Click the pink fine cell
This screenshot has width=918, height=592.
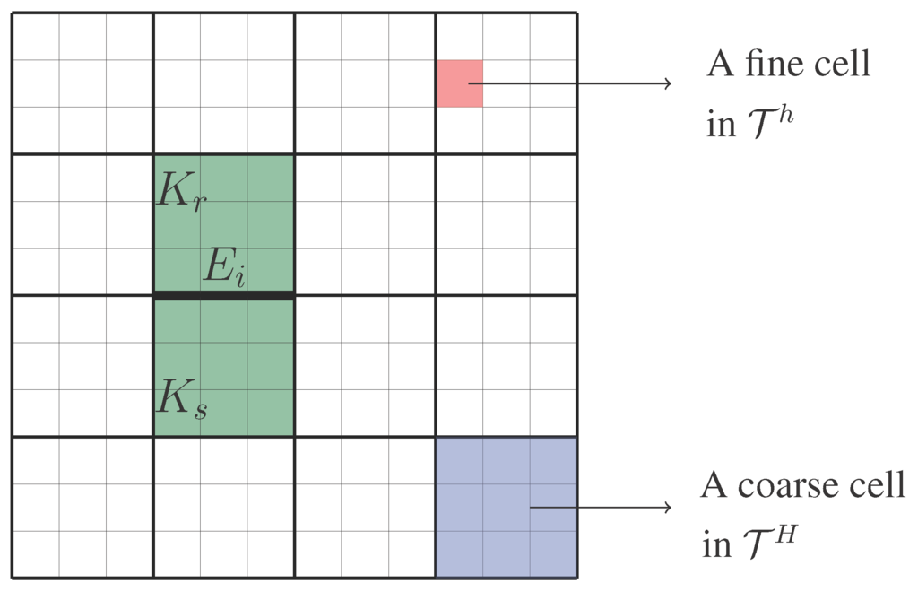click(x=460, y=83)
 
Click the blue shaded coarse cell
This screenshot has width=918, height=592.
click(x=506, y=508)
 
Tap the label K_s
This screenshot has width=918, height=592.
click(x=182, y=397)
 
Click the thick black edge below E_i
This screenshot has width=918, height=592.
click(x=224, y=295)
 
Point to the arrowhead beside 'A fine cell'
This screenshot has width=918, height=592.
click(x=667, y=83)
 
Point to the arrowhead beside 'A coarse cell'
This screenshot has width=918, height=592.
click(x=667, y=508)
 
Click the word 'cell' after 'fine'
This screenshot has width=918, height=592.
click(x=845, y=65)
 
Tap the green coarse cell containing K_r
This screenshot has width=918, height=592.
click(x=224, y=224)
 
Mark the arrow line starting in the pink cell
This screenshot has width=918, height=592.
click(x=574, y=83)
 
